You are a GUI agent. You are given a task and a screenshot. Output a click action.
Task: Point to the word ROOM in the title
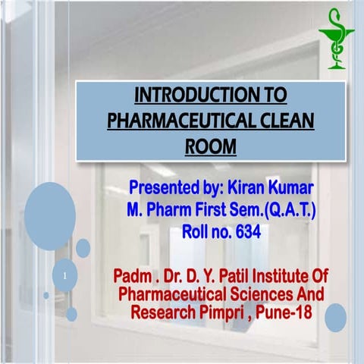(210, 144)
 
